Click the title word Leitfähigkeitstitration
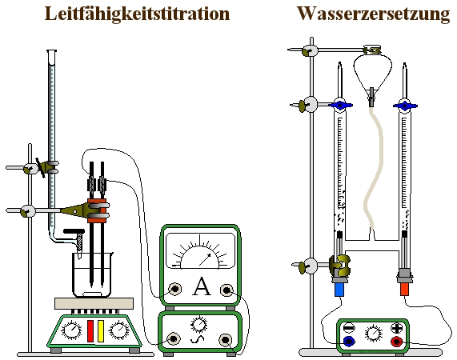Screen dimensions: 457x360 pos(137,14)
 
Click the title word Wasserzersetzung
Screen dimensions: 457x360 pos(374,14)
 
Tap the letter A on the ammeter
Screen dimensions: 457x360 pos(202,286)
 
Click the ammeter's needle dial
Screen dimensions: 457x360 pos(200,250)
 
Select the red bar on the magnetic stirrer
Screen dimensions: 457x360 pos(90,331)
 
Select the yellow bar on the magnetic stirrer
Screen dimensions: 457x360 pos(101,331)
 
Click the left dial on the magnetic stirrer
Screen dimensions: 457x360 pos(71,330)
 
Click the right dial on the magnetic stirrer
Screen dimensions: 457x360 pos(119,330)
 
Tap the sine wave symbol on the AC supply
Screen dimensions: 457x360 pos(198,339)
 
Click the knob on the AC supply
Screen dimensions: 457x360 pos(198,324)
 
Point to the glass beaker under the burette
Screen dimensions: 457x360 pos(92,274)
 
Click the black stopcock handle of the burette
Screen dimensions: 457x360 pos(74,231)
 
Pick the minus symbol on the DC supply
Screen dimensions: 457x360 pos(349,328)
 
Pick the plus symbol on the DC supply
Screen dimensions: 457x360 pos(396,328)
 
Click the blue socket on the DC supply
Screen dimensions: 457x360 pos(349,342)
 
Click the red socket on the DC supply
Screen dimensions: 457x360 pos(396,342)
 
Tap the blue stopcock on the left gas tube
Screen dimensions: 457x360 pos(340,105)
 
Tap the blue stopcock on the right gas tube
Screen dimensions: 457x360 pos(405,106)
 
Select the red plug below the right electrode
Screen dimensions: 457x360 pos(404,289)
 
